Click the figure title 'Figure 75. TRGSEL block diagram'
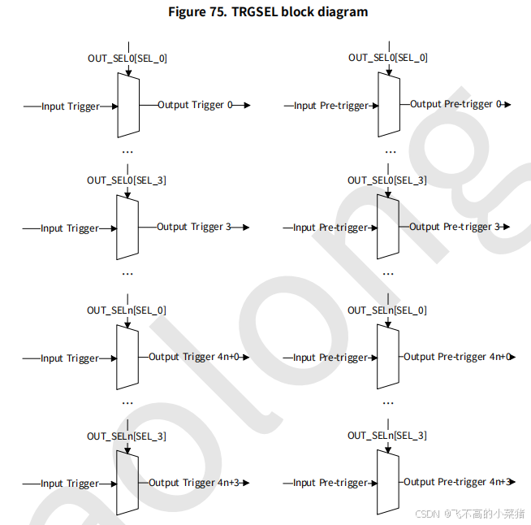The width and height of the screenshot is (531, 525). point(267,12)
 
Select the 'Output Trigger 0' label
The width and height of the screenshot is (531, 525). point(195,105)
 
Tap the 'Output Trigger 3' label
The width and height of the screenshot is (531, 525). point(194,227)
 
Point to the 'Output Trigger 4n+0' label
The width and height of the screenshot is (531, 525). point(194,357)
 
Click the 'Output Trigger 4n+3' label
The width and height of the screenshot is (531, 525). point(194,483)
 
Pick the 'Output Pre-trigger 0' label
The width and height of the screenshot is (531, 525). point(455,104)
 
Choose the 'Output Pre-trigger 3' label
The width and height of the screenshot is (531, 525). point(455,227)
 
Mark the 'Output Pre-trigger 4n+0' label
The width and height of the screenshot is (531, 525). point(457,357)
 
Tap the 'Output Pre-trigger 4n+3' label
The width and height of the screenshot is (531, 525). point(457,482)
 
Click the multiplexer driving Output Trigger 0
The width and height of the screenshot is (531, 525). point(128,106)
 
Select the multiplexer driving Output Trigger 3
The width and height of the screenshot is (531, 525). point(128,228)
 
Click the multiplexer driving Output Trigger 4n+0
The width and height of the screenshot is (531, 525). point(128,358)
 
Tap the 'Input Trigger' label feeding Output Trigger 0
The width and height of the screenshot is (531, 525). point(70,106)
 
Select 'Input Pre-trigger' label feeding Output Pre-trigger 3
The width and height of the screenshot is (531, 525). point(330,228)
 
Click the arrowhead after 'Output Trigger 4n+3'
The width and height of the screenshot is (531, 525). point(245,483)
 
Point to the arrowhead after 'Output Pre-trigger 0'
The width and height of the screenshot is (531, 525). point(507,104)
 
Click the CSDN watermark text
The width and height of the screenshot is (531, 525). point(470,514)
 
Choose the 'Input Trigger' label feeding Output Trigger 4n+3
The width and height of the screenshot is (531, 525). point(70,484)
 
